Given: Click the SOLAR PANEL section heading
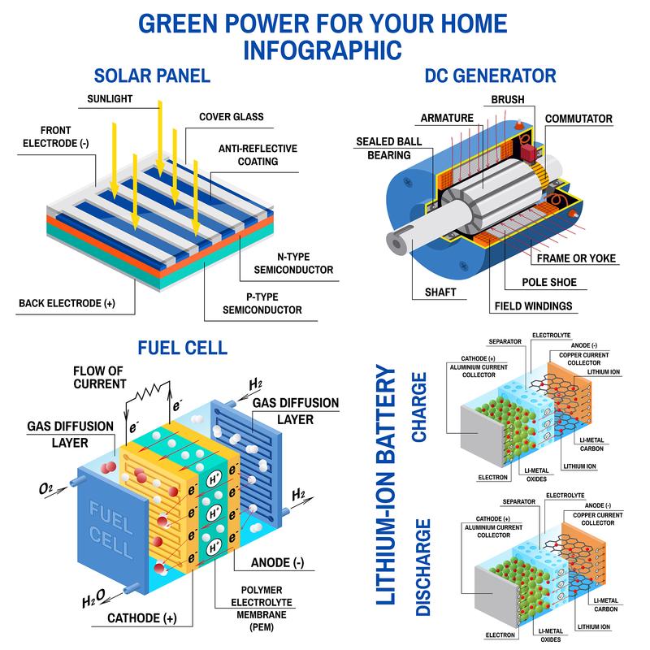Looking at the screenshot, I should click(152, 77).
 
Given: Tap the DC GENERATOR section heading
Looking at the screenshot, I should click(490, 77).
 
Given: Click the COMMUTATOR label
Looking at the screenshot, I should click(578, 119).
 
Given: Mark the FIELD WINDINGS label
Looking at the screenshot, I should click(531, 307).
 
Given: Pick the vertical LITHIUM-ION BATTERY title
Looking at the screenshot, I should click(386, 487).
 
